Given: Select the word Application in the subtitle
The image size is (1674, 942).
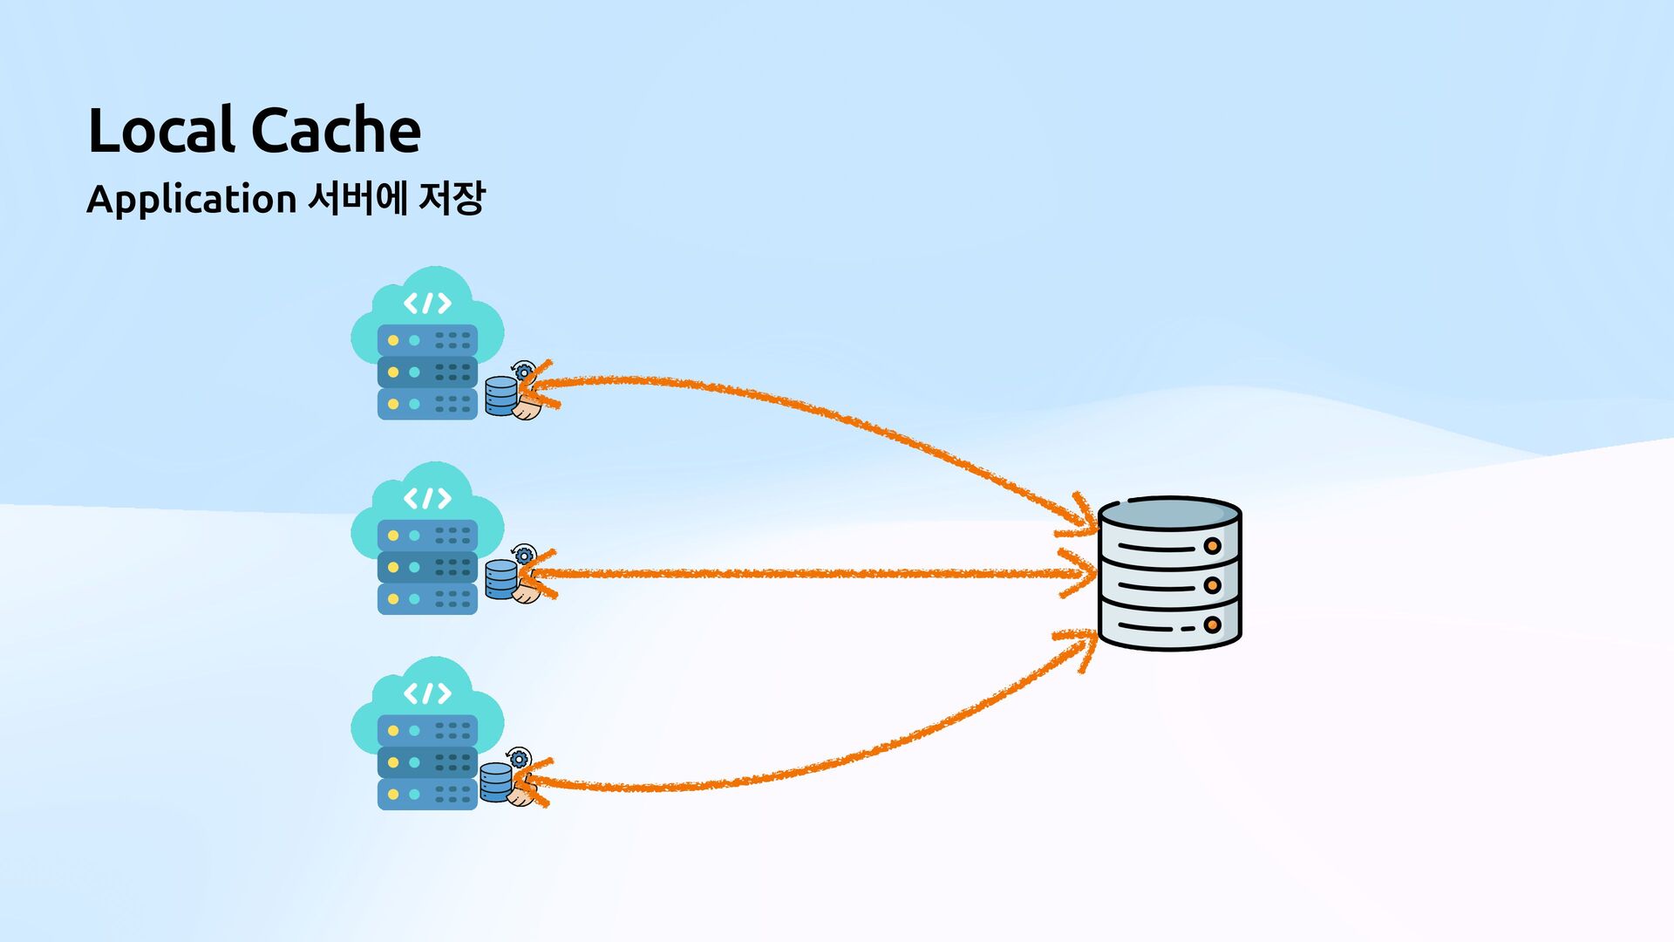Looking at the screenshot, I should coord(192,200).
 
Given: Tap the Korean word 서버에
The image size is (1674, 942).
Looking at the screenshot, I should coord(357,198).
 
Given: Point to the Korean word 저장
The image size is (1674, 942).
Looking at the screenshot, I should coord(451,198).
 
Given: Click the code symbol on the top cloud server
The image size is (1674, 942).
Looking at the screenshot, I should coord(427,304).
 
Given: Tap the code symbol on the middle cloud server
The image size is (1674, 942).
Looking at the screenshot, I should coord(427,498).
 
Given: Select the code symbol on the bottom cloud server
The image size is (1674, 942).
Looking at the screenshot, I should coord(427,693).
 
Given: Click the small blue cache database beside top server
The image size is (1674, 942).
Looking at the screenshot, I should coord(500,396).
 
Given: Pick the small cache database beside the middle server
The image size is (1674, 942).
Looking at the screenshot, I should coord(500,579).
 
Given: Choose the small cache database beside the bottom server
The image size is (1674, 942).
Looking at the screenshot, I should coord(495,782).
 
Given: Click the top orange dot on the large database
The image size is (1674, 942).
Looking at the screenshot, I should coord(1212,546).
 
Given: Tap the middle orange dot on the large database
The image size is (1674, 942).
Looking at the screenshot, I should coord(1212,585).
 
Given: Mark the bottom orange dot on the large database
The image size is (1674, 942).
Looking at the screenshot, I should coord(1212,625).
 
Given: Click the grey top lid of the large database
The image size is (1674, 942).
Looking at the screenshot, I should coord(1170,514).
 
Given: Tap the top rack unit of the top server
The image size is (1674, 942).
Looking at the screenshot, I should coord(427,340).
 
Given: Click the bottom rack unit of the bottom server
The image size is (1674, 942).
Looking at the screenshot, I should coord(427,795).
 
